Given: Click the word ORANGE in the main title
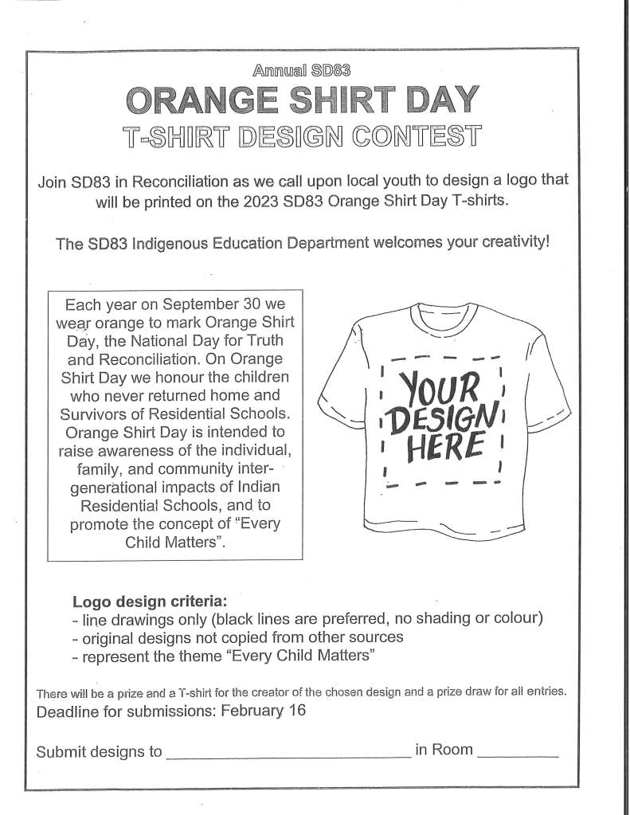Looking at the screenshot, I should coord(202,102).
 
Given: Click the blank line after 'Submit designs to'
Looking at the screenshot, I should coord(288,753).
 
